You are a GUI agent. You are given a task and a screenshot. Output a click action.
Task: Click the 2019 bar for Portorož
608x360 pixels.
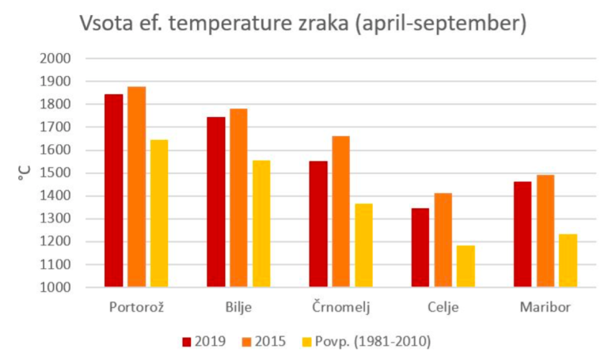tap(113, 191)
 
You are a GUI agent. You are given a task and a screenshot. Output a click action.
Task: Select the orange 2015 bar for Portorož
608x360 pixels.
tap(136, 187)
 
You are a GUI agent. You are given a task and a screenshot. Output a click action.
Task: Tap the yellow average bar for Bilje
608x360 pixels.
tap(261, 224)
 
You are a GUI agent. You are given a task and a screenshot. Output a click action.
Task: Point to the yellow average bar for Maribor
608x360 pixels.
tap(568, 261)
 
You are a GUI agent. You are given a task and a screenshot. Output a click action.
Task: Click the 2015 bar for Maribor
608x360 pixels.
tap(545, 231)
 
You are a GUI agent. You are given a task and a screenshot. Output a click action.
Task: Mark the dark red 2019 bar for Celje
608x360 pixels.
tap(420, 248)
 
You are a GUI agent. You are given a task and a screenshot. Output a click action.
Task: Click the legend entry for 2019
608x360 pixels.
tap(204, 342)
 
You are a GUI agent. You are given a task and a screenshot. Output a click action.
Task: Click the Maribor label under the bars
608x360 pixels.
tap(545, 307)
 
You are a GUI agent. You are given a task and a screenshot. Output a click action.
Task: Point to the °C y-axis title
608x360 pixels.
tap(25, 172)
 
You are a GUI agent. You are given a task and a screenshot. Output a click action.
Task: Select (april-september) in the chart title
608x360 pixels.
tap(440, 25)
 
